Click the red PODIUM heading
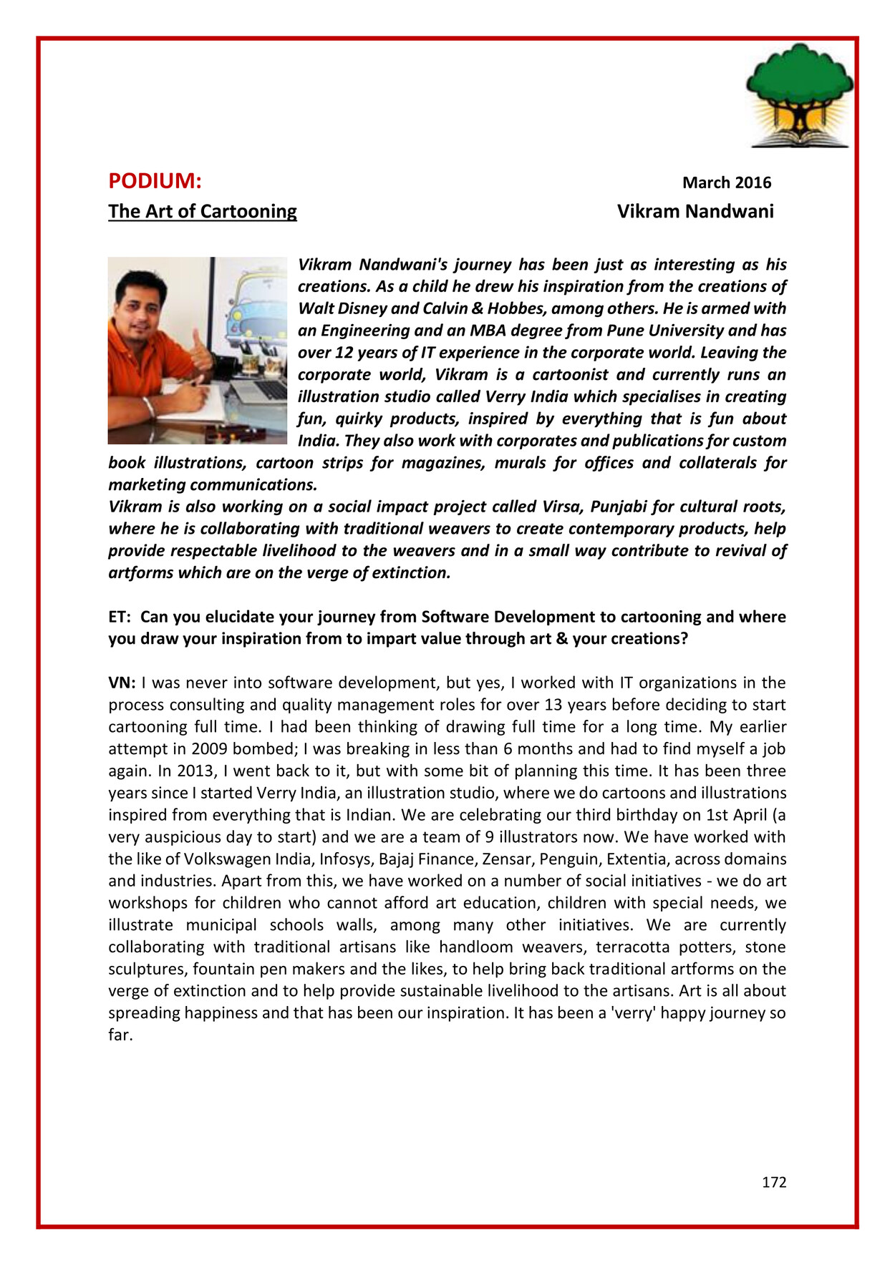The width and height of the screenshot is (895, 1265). point(155,182)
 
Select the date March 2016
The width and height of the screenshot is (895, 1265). point(726,183)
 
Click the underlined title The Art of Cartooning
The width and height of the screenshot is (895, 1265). point(203,212)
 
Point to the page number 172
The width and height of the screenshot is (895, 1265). point(774,1183)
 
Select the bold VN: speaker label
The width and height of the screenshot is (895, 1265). point(122,683)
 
